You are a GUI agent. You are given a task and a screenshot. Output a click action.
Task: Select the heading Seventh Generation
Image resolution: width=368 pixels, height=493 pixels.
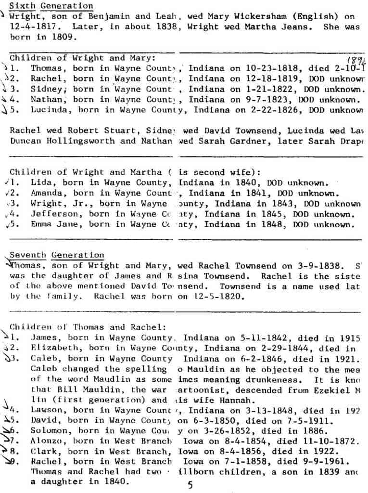coord(57,255)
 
